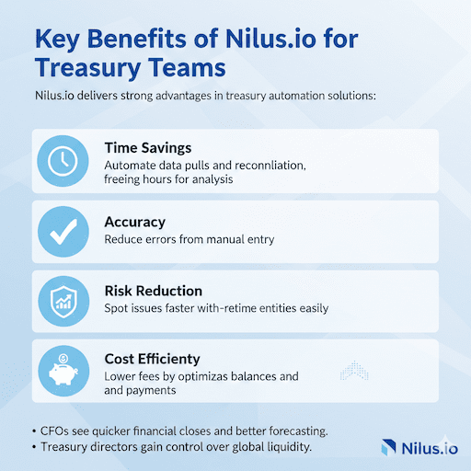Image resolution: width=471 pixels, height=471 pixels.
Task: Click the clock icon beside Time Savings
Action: coord(63,161)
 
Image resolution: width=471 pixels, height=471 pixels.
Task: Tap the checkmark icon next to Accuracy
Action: coord(63,234)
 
